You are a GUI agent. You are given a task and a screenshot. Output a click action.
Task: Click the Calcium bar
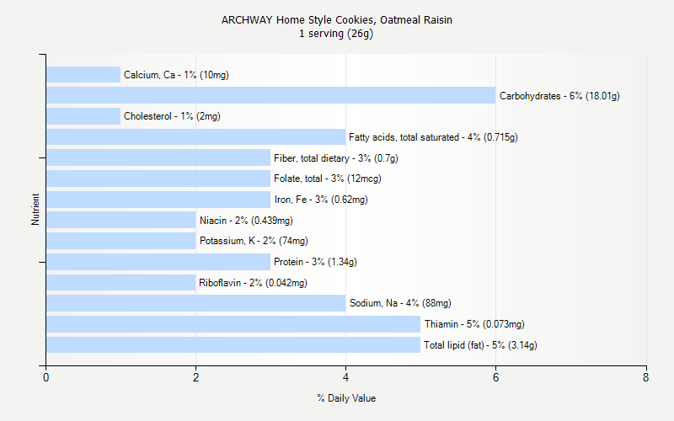pos(83,75)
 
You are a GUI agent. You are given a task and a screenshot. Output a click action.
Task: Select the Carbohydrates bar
pos(270,95)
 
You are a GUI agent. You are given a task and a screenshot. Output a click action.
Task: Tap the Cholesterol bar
pos(83,116)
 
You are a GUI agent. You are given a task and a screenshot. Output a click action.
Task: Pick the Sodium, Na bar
pos(195,303)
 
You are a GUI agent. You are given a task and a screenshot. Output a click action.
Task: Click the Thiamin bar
pos(233,324)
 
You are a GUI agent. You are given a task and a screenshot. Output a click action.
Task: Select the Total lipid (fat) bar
pos(233,344)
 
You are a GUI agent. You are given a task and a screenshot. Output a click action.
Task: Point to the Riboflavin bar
pos(120,282)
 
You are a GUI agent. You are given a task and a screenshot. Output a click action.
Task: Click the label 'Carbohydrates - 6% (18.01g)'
pos(559,96)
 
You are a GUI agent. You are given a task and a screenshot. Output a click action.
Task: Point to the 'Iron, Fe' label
pos(321,200)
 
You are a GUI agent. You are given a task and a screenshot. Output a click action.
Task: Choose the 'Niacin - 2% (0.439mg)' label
pos(246,221)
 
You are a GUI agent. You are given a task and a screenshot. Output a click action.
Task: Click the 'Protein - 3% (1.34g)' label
pos(315,262)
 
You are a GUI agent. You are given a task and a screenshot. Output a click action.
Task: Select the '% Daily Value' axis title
pos(346,398)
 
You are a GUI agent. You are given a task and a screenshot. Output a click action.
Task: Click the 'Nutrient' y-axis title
pos(36,209)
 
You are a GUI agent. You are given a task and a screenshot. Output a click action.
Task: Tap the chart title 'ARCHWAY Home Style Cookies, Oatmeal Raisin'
pos(337,19)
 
